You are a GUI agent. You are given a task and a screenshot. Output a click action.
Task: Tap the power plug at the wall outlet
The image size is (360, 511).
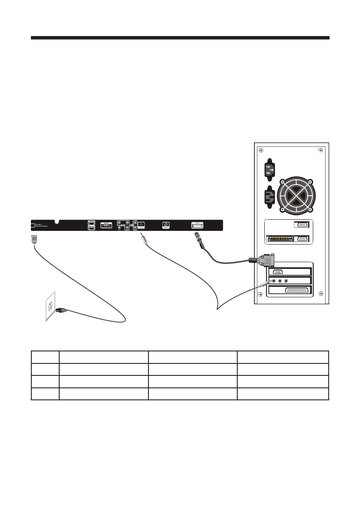(x=63, y=310)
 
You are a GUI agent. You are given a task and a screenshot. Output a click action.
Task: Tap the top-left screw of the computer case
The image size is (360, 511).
(x=259, y=150)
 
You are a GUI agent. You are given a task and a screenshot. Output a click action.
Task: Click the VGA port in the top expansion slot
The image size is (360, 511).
(x=278, y=272)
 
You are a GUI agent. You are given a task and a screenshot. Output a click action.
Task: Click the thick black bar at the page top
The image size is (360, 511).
(x=180, y=38)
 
